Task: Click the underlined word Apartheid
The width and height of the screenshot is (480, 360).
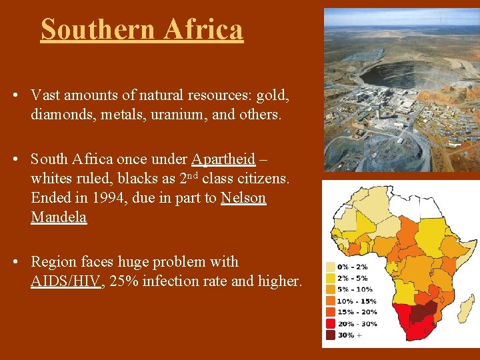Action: tap(223, 159)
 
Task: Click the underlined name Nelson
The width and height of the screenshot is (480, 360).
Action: tap(243, 198)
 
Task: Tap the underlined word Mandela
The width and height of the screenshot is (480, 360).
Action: tap(59, 217)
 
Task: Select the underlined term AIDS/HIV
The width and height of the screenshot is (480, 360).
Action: tap(66, 281)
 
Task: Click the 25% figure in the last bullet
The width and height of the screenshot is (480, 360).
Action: tap(124, 281)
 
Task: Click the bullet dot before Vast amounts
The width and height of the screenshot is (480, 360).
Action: tap(15, 95)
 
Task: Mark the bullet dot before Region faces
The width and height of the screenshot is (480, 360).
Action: tap(15, 262)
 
